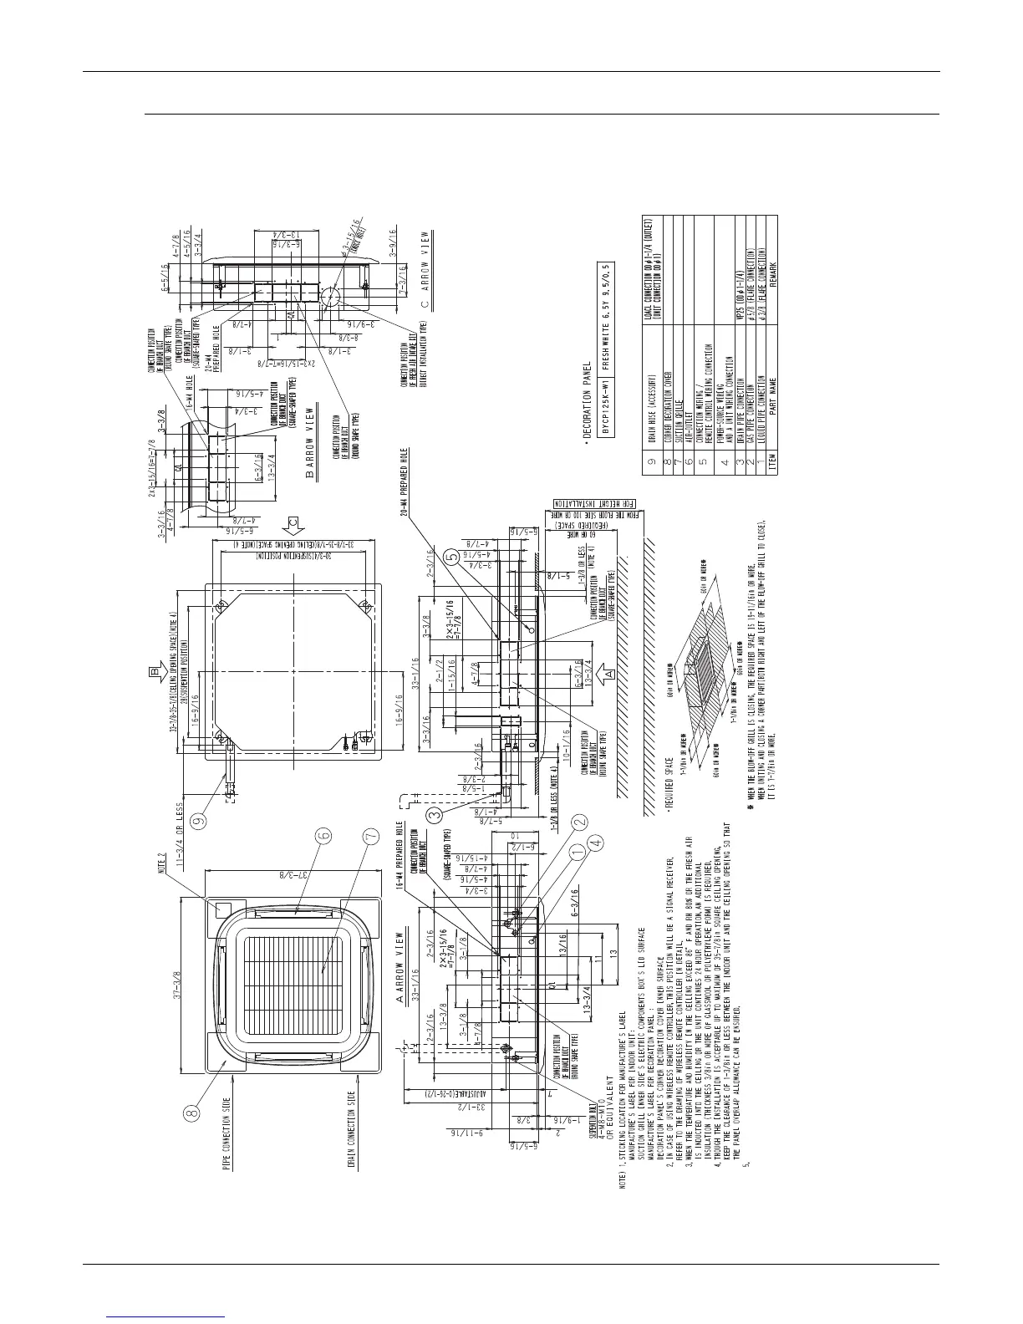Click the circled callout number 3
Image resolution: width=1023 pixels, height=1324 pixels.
(433, 812)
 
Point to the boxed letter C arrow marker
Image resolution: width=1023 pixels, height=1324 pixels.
(292, 525)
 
